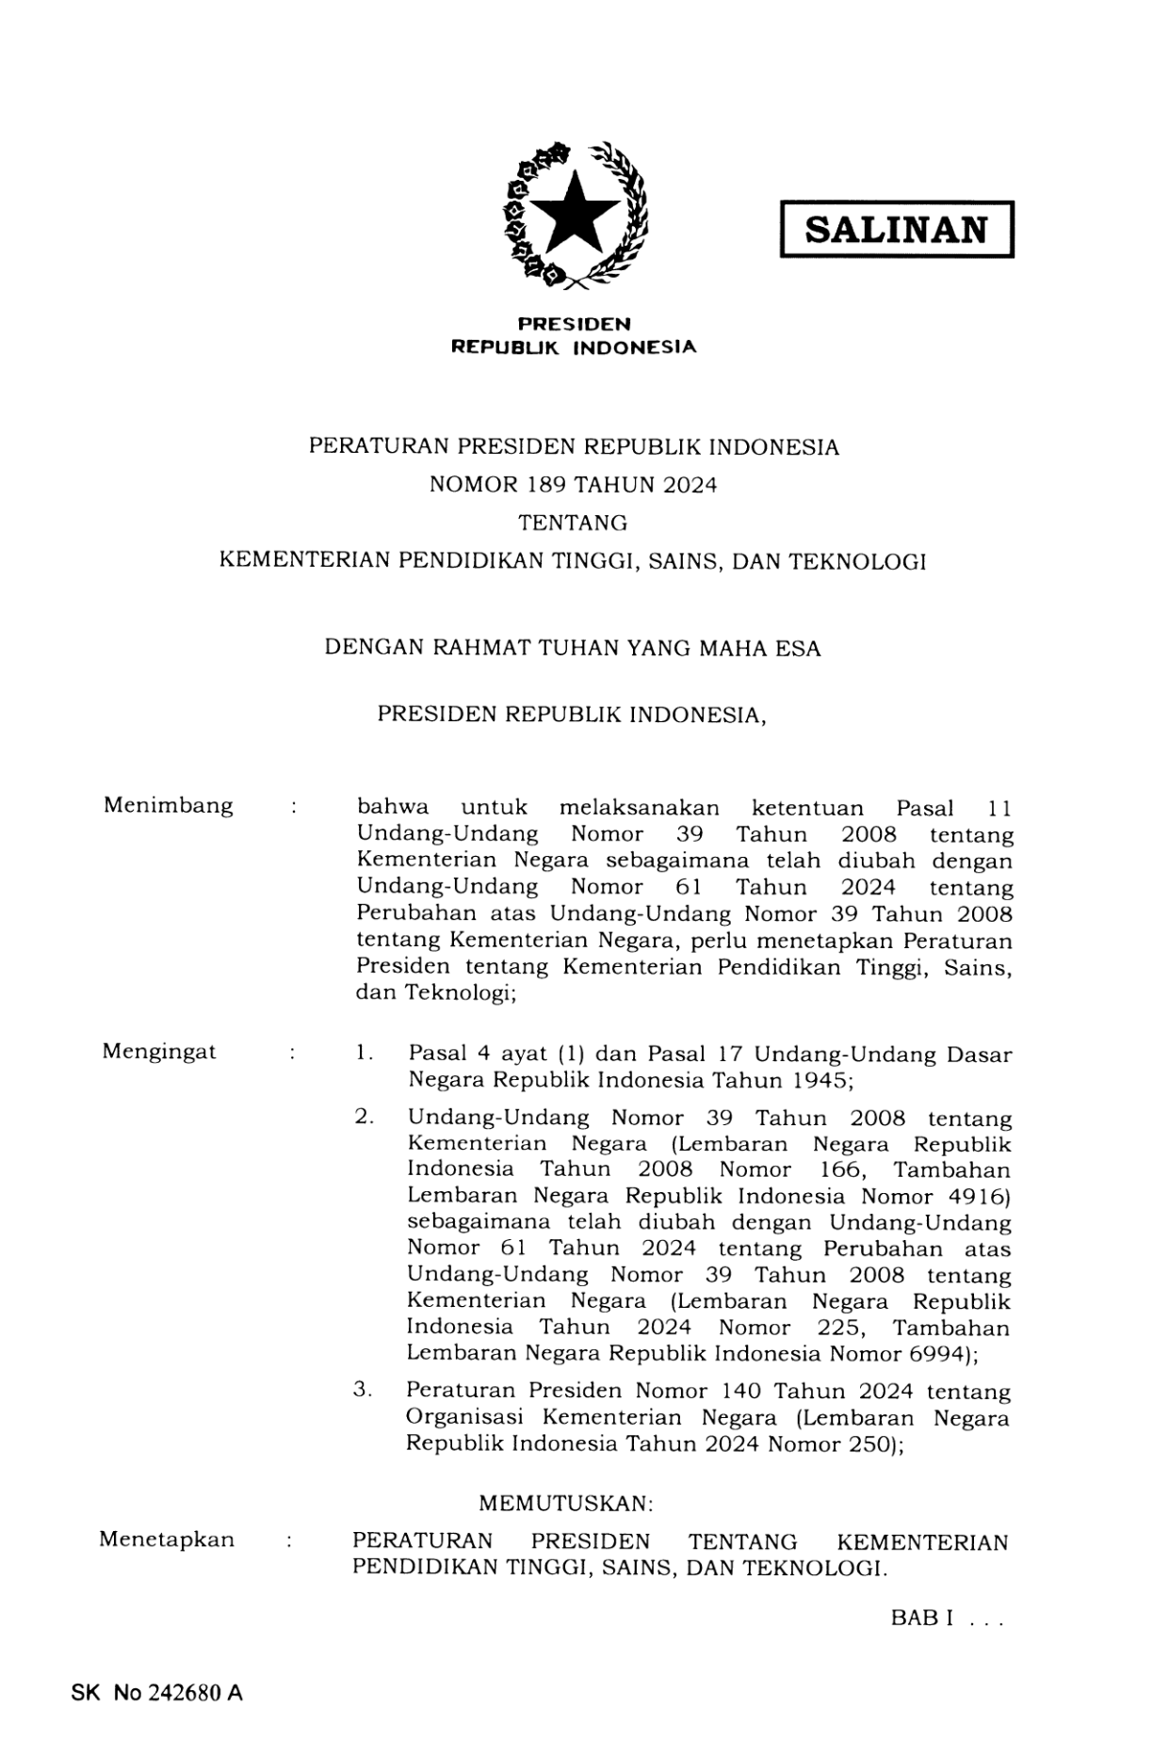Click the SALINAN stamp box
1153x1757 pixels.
[x=896, y=230]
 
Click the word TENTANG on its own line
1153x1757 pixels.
[x=573, y=523]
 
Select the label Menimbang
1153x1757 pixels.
[x=168, y=806]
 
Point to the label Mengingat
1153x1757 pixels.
[x=159, y=1052]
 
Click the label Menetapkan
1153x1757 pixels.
[x=167, y=1539]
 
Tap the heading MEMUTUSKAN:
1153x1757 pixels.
[x=565, y=1504]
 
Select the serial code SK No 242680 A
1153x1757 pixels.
[x=156, y=1693]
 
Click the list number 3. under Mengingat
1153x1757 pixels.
[x=364, y=1390]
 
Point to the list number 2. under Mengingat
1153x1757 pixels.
[x=365, y=1118]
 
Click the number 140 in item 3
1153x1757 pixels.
[x=741, y=1392]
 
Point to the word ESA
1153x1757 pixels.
[x=798, y=649]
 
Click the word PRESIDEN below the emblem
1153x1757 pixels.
[x=575, y=324]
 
